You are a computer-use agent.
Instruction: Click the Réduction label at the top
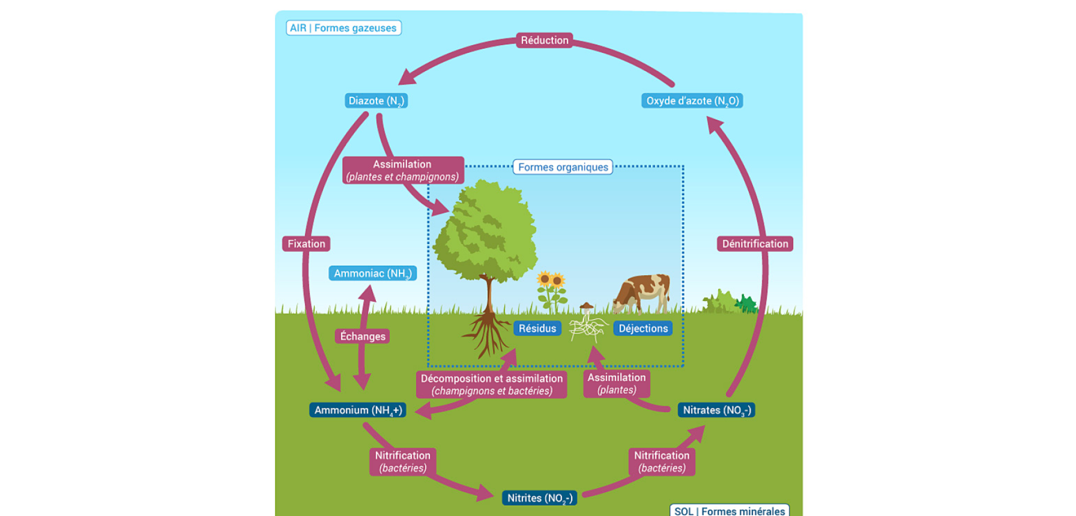point(544,40)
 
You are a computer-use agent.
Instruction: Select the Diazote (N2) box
point(376,101)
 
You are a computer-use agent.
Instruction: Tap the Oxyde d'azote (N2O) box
point(692,101)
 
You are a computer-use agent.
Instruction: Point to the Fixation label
point(306,243)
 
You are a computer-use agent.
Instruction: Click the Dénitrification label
point(754,243)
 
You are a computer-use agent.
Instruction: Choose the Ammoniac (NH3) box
point(372,273)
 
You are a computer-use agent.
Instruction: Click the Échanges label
point(362,336)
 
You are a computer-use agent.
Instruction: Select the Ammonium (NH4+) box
point(358,410)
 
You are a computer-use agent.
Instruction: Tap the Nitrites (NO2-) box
point(539,498)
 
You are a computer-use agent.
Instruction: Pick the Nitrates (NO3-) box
point(716,410)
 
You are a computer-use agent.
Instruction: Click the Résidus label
point(537,328)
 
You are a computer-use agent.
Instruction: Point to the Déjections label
point(643,328)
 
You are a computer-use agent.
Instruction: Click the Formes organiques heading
point(563,167)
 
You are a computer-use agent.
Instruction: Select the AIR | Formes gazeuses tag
point(343,28)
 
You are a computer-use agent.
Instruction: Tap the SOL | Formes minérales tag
point(729,510)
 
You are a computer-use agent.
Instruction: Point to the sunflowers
point(551,290)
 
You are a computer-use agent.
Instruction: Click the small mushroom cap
point(586,306)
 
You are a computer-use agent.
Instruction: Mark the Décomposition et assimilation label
point(491,384)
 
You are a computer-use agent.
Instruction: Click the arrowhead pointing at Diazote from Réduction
point(407,78)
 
